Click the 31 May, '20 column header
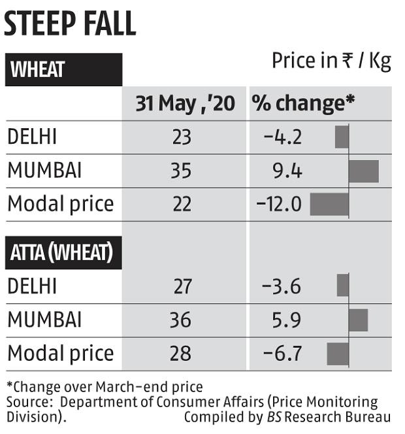(186, 103)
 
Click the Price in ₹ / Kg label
(331, 61)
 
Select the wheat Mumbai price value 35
(182, 171)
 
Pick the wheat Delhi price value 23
(182, 137)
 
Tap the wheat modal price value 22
(182, 205)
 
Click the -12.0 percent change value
(279, 205)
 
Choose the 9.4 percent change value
(287, 171)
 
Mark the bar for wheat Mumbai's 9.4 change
(364, 171)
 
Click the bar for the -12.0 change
(329, 204)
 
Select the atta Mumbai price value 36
(182, 320)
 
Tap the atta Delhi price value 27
(182, 286)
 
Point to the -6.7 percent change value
(283, 354)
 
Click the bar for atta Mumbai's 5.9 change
(359, 320)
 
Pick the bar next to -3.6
(343, 286)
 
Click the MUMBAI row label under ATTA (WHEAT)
(44, 320)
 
